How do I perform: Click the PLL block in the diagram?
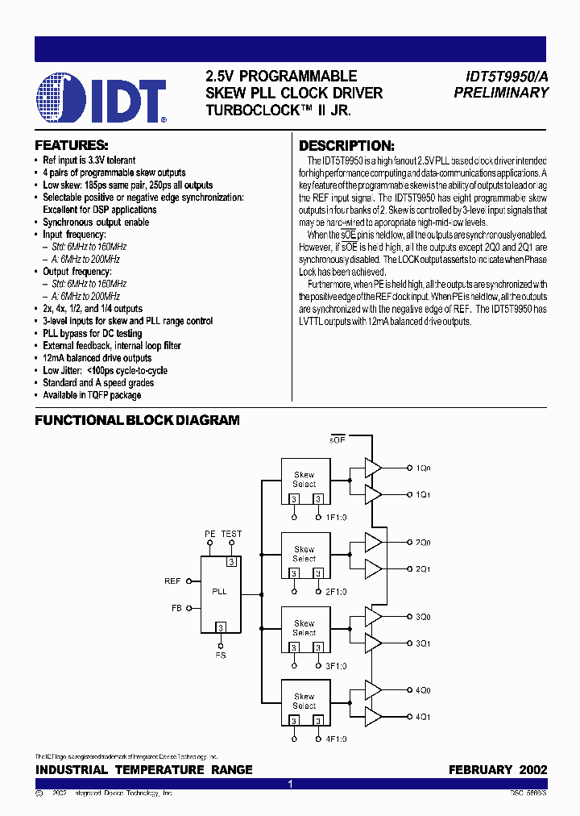point(219,592)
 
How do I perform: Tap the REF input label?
point(172,581)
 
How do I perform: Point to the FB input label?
point(176,608)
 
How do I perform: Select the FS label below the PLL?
point(220,656)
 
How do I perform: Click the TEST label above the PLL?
point(231,534)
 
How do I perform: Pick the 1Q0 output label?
point(424,468)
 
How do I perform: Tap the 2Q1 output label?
point(424,569)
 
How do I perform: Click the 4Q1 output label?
point(424,716)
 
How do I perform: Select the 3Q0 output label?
point(424,617)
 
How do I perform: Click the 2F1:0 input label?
point(335,592)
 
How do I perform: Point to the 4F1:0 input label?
point(335,739)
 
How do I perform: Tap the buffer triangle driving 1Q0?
point(373,468)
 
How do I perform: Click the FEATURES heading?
point(72,146)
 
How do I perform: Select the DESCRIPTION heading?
point(346,146)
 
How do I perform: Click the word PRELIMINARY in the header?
point(501,93)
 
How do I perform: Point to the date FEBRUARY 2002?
point(497,770)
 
